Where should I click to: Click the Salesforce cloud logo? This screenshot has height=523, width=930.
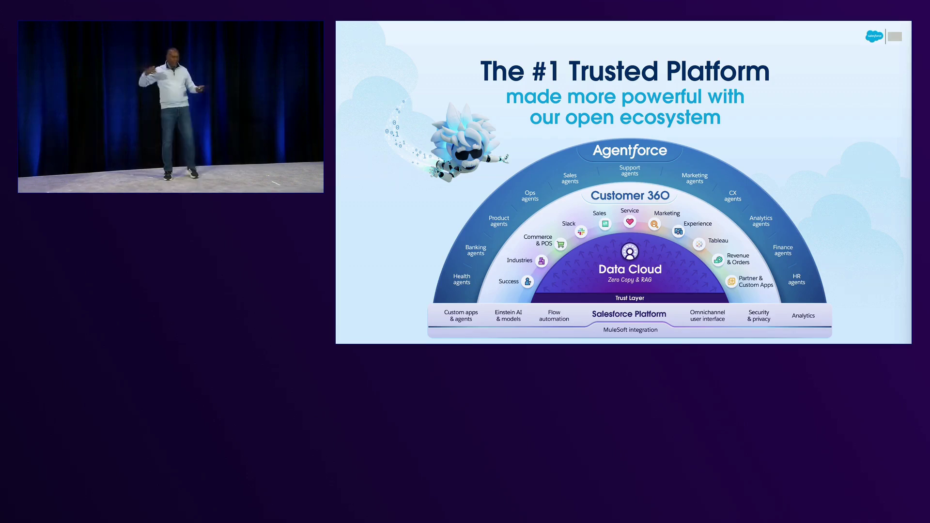(x=874, y=36)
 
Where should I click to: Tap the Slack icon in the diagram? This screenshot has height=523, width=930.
(x=581, y=231)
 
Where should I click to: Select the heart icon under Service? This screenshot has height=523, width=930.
(x=630, y=222)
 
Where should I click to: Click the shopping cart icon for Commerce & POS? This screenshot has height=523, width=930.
(x=560, y=244)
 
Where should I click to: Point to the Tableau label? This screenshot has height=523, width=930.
(x=718, y=241)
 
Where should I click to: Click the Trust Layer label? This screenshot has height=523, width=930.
(x=630, y=298)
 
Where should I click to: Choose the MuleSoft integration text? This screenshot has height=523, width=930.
(x=630, y=330)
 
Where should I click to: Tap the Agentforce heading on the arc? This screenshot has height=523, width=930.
(x=630, y=151)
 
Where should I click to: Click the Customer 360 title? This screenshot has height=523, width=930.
(x=630, y=196)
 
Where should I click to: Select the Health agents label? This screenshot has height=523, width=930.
(x=462, y=279)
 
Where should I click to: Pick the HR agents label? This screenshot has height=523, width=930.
(x=796, y=279)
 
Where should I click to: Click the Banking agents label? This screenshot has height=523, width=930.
(x=476, y=250)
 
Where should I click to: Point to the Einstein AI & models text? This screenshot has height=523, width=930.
(x=508, y=316)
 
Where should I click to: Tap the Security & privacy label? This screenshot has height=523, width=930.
(x=759, y=316)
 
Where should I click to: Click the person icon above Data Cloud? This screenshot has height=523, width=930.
(x=630, y=252)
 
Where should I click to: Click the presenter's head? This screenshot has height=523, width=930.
(x=172, y=55)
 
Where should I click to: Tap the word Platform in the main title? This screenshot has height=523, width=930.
(x=718, y=71)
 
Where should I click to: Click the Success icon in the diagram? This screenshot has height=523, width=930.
(x=527, y=281)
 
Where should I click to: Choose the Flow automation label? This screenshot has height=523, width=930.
(x=554, y=316)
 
